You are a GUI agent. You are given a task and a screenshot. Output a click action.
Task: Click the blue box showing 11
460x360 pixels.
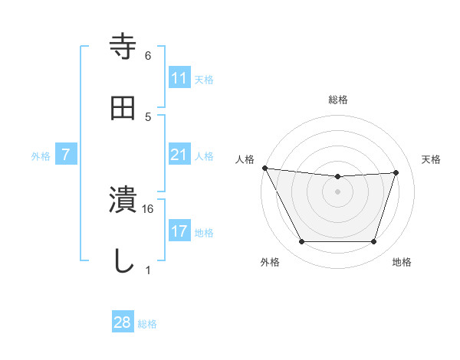click(x=179, y=78)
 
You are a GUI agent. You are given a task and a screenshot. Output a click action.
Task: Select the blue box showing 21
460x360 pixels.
click(x=179, y=155)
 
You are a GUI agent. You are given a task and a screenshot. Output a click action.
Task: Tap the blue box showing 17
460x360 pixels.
click(x=179, y=231)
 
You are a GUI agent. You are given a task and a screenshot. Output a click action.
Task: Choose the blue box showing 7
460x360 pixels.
click(x=66, y=155)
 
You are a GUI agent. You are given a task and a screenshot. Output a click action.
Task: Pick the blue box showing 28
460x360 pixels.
click(x=123, y=322)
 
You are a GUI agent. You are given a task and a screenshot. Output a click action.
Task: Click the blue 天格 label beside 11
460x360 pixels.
click(x=204, y=79)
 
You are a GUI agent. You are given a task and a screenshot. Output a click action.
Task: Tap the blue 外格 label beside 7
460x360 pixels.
click(x=41, y=155)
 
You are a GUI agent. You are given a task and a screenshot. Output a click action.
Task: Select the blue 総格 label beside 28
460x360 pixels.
click(x=147, y=323)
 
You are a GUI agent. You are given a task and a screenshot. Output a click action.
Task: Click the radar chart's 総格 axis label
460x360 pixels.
click(x=338, y=100)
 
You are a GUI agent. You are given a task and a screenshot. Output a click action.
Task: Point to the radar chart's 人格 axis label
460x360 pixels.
click(x=245, y=159)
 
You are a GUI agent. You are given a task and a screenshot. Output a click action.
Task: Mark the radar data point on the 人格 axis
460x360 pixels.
click(x=264, y=168)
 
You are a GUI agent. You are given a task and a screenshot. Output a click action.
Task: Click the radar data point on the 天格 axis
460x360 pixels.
click(x=396, y=172)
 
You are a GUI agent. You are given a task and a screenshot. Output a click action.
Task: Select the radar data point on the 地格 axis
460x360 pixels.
click(x=374, y=242)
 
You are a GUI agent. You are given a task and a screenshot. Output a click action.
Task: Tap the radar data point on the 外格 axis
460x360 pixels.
click(x=301, y=242)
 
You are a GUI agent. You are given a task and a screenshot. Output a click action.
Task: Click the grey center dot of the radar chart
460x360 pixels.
click(x=338, y=191)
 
